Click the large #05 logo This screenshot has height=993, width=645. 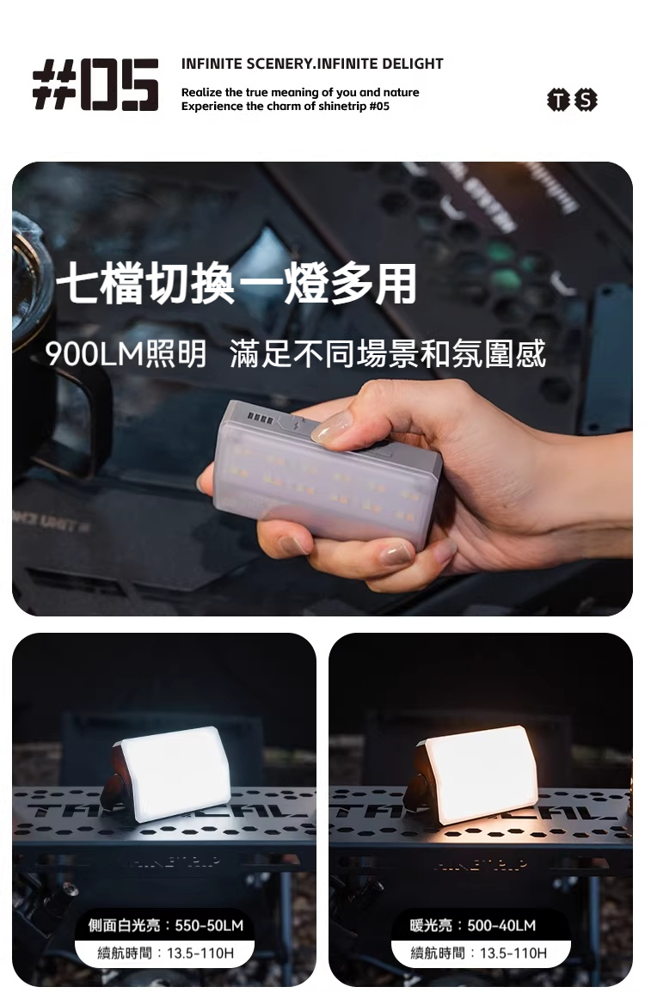coord(95,84)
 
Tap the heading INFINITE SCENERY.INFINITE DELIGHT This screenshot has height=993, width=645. coord(312,64)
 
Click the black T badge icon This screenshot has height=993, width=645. coord(559,101)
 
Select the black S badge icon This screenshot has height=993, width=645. coord(586,101)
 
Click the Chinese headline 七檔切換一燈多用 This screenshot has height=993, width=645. coord(236,285)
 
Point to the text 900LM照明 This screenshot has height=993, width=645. coord(126,353)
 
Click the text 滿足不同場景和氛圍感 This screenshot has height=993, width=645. coord(388,353)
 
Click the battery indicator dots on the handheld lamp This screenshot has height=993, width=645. coord(261,419)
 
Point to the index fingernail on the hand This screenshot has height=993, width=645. coord(332,426)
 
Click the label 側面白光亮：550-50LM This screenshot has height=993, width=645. coord(166,925)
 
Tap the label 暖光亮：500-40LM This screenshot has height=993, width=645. coord(473,925)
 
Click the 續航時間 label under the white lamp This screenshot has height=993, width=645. coord(166,953)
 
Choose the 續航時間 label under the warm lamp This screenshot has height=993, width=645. coord(479,953)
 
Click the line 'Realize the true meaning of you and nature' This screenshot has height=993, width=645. coord(300,92)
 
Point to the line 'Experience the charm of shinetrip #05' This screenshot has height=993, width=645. coord(285,106)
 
